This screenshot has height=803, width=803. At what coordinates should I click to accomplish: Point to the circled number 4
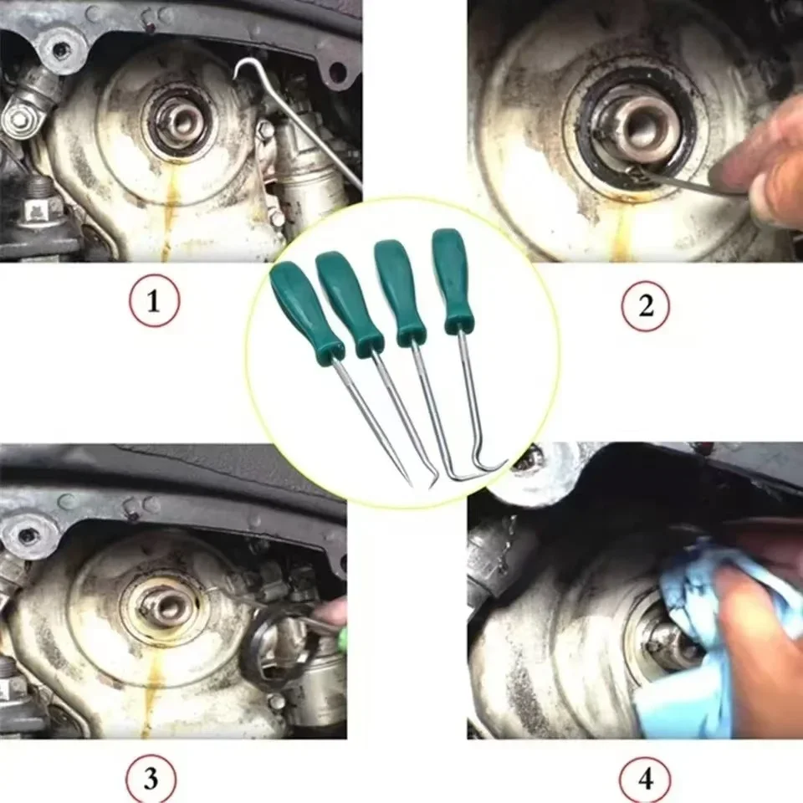tap(645, 780)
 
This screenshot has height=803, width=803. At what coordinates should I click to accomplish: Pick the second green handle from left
tap(349, 302)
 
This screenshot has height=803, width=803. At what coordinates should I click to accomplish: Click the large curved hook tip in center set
tap(494, 466)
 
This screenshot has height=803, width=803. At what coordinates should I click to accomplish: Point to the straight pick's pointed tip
tap(409, 483)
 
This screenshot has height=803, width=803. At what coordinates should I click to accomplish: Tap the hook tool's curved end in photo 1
tap(243, 66)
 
